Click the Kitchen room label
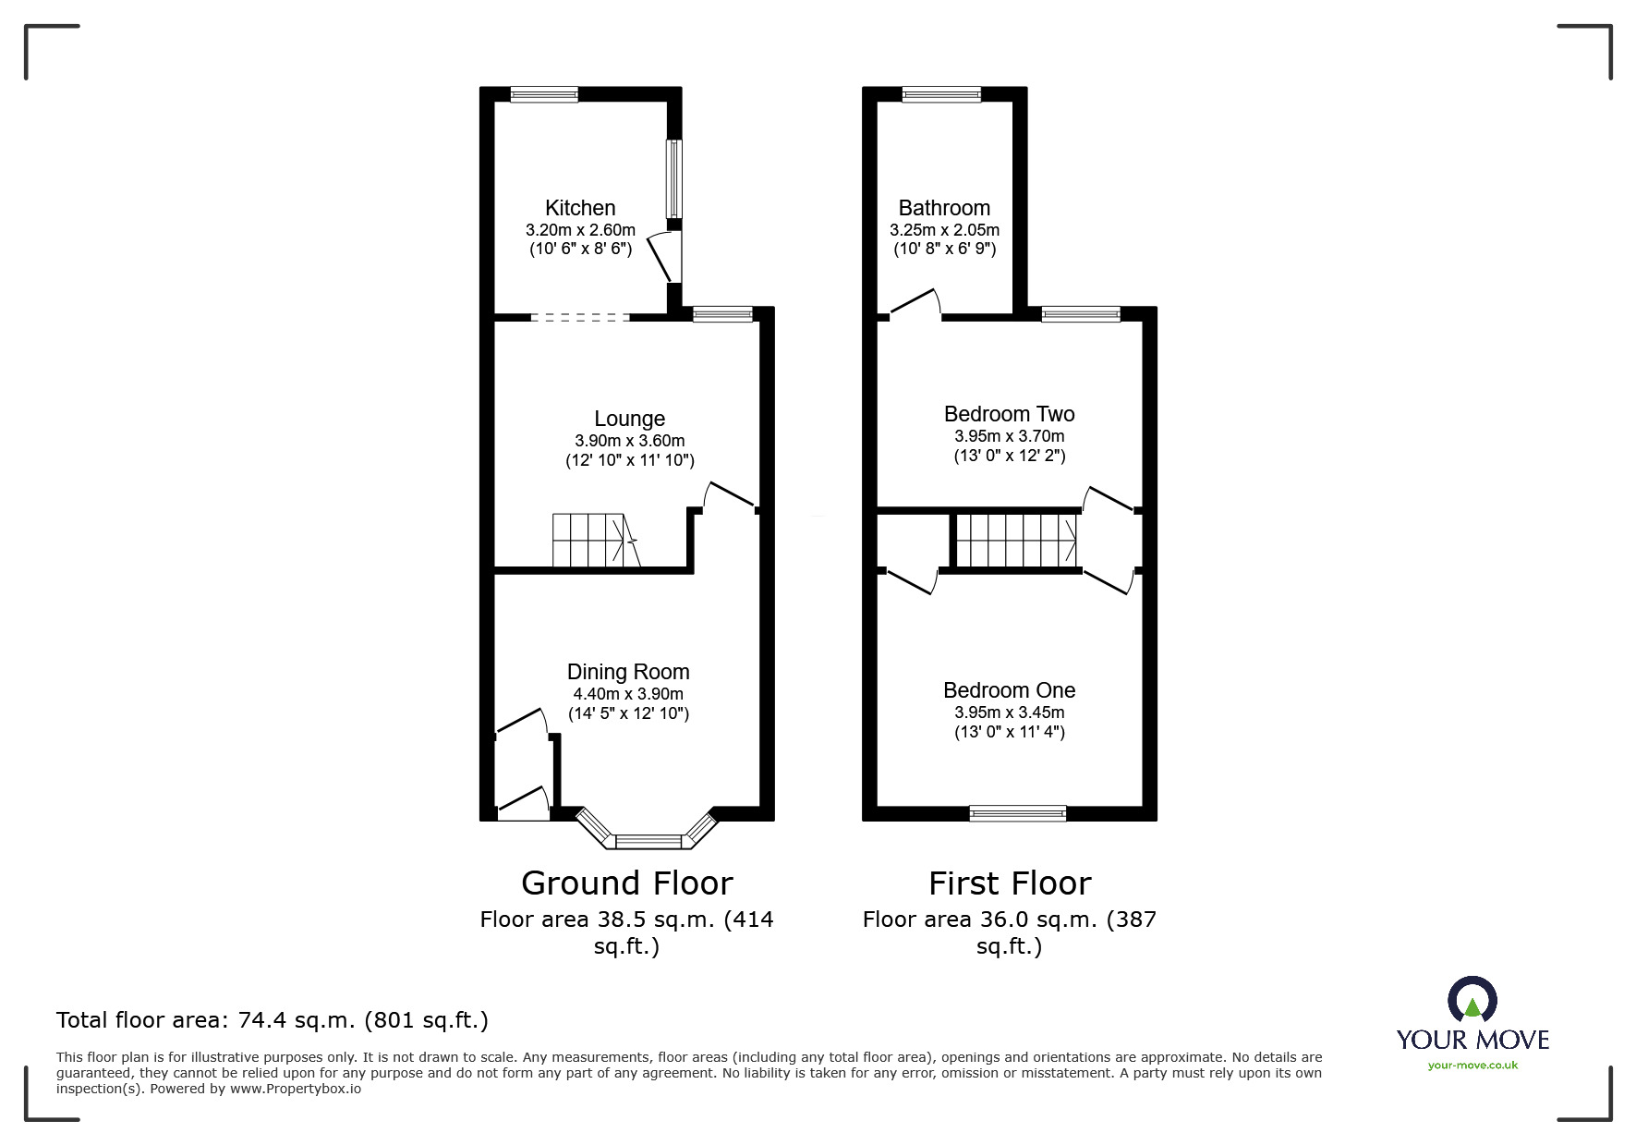[580, 208]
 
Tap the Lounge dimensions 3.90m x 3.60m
[629, 441]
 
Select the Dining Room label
[628, 672]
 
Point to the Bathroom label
[944, 208]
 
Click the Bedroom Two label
[1009, 414]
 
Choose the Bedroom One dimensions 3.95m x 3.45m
[1009, 713]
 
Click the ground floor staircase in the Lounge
[591, 541]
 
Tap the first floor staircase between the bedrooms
[1015, 541]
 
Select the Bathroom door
[915, 305]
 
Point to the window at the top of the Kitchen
[544, 93]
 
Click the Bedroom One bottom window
[1017, 813]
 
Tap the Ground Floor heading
[626, 883]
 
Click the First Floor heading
[1009, 883]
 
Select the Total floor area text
[272, 1020]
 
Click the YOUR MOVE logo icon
[1472, 1000]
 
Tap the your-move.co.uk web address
[1472, 1066]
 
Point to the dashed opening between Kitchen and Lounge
[580, 317]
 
